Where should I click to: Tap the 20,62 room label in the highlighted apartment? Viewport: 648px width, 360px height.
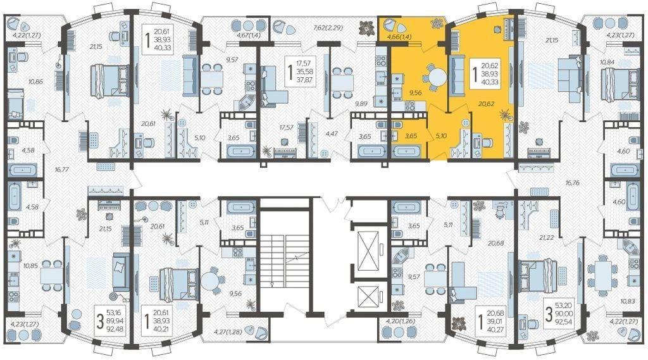pos(486,104)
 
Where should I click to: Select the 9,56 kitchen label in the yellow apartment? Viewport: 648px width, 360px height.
pos(415,92)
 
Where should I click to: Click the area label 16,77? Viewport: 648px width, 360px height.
pos(61,169)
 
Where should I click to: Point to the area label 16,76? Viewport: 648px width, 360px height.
pos(572,183)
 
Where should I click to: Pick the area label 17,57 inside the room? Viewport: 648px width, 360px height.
pos(286,127)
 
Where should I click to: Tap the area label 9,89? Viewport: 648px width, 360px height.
pos(361,104)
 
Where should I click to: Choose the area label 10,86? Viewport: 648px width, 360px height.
pos(35,82)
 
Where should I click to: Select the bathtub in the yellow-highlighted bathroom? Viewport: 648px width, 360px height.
pos(406,151)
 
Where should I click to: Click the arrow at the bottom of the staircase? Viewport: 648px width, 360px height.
pos(272,284)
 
